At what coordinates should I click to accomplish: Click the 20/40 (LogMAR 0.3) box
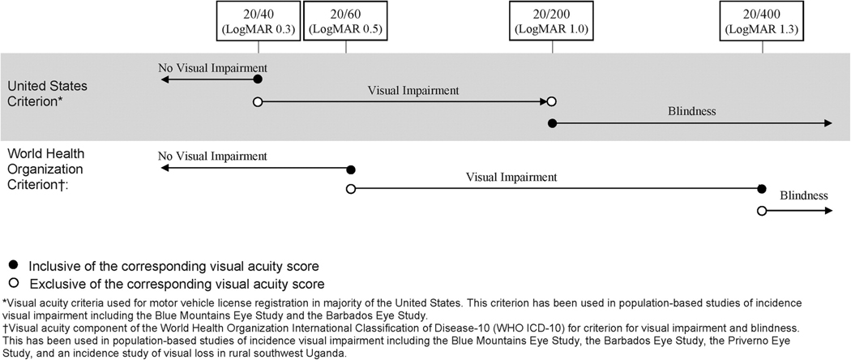tap(258, 21)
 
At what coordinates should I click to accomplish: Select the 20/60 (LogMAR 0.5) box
tap(346, 21)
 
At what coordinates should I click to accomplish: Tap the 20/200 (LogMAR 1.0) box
tap(552, 21)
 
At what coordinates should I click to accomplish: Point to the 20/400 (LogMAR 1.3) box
tap(762, 21)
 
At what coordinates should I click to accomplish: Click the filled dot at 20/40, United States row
tap(258, 79)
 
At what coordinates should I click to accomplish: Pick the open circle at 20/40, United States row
tap(258, 102)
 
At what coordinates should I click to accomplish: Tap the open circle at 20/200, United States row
tap(552, 102)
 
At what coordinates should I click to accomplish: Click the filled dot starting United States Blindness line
tap(552, 123)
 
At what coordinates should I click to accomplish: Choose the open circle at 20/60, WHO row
tap(350, 189)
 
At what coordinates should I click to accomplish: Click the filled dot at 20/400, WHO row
tap(762, 189)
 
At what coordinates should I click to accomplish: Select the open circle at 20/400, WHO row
tap(762, 211)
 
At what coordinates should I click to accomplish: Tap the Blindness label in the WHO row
tap(804, 195)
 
